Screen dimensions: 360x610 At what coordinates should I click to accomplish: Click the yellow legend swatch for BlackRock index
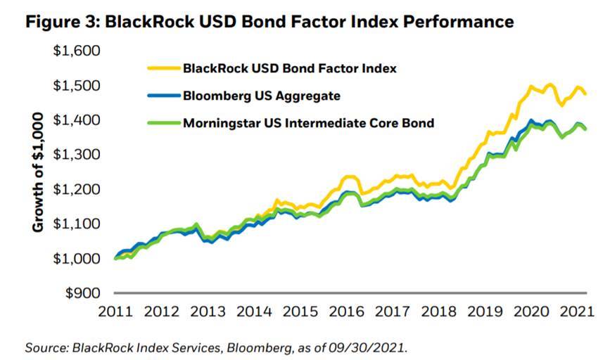(163, 69)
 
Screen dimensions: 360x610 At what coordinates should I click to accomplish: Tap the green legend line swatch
(163, 123)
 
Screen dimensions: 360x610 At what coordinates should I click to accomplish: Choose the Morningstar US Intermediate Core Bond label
(308, 123)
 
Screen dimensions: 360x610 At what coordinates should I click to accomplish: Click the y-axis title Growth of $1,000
(39, 172)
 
